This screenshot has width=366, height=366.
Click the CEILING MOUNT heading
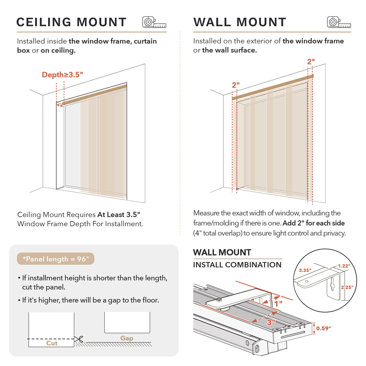[x=72, y=22]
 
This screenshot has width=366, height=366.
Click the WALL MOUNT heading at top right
[x=240, y=22]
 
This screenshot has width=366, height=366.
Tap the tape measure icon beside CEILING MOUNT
[x=154, y=22]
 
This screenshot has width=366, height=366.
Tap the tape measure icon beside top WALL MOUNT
[x=339, y=22]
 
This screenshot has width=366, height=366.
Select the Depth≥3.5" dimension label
[x=62, y=75]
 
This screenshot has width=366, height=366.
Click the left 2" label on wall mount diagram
[x=236, y=85]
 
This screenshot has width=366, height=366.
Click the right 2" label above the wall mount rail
[x=311, y=62]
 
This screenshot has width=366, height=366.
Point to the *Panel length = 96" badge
[x=56, y=259]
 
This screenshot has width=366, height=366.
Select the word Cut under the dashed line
[x=52, y=343]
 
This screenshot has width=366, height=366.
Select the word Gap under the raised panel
[x=127, y=338]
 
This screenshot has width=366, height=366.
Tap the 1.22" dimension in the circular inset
[x=345, y=266]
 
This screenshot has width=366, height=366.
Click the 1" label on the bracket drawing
[x=278, y=304]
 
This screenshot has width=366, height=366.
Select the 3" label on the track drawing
[x=270, y=322]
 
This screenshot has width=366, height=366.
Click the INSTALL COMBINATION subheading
[x=237, y=265]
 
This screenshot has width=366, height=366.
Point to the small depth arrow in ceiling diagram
[x=60, y=106]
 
